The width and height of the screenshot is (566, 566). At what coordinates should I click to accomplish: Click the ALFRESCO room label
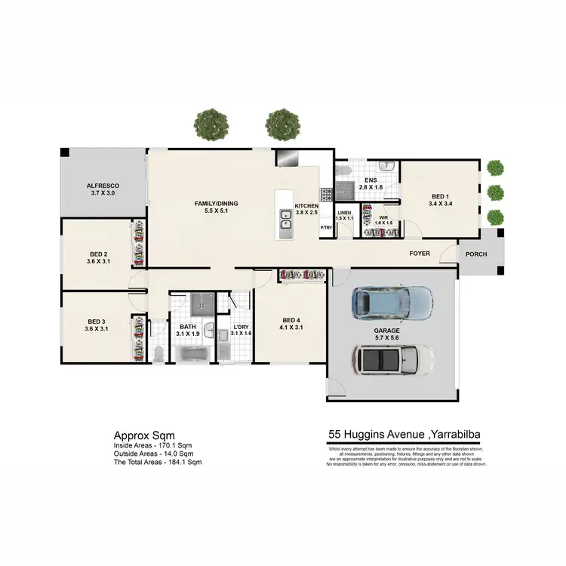(x=103, y=185)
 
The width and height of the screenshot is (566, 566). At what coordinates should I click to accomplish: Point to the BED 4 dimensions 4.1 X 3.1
(x=290, y=328)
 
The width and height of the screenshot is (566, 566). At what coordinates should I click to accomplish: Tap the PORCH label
(x=476, y=254)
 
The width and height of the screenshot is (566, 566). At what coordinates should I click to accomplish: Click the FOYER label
(x=420, y=254)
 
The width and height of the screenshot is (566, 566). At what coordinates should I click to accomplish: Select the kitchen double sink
(x=286, y=221)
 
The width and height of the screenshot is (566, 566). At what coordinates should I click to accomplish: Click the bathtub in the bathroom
(x=194, y=352)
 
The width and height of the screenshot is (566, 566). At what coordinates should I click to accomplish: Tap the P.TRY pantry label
(x=326, y=228)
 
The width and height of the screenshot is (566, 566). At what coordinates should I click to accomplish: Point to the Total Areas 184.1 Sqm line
(x=158, y=461)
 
